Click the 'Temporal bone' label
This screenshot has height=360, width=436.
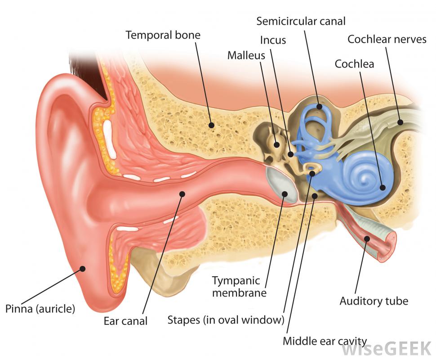pyautogui.click(x=163, y=35)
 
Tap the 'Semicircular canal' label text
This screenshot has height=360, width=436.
pyautogui.click(x=301, y=21)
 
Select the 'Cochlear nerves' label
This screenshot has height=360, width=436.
pyautogui.click(x=387, y=40)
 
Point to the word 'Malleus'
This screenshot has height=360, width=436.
pyautogui.click(x=246, y=55)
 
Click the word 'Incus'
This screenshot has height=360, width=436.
pyautogui.click(x=273, y=40)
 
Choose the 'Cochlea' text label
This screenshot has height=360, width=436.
pyautogui.click(x=354, y=64)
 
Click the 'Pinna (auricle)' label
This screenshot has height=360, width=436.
pyautogui.click(x=40, y=309)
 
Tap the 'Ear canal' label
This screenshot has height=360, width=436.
pyautogui.click(x=125, y=321)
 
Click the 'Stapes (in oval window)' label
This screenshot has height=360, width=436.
pyautogui.click(x=226, y=320)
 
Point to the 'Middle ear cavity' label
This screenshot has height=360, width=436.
pyautogui.click(x=325, y=341)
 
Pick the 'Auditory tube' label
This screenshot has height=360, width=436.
pyautogui.click(x=374, y=301)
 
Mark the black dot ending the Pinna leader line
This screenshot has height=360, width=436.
pyautogui.click(x=82, y=269)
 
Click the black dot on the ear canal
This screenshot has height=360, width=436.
pyautogui.click(x=182, y=194)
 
